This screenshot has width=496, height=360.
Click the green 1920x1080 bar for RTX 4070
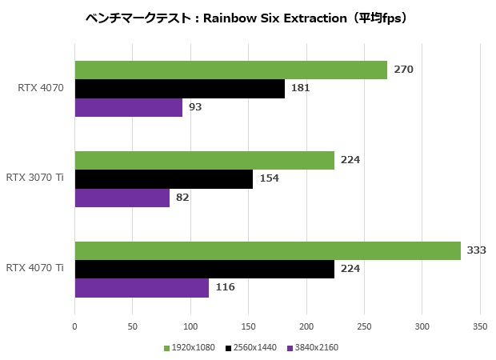tap(230, 70)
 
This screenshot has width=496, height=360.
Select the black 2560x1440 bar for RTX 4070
tap(179, 89)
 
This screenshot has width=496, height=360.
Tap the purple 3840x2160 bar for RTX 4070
tap(128, 107)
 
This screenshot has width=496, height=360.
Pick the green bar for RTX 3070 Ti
tap(204, 160)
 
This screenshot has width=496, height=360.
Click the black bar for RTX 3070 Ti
tap(163, 179)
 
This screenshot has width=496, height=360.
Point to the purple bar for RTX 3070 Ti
tap(122, 198)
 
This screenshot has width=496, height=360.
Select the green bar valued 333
tap(267, 250)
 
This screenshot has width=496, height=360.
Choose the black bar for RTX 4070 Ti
tap(204, 269)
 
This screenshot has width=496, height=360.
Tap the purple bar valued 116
tap(142, 287)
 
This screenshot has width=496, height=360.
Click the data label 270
tap(403, 70)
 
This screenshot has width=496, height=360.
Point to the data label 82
tap(182, 198)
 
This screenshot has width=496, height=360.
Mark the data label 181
tap(301, 88)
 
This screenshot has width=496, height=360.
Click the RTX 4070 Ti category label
tap(34, 268)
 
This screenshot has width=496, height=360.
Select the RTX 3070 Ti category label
tap(34, 178)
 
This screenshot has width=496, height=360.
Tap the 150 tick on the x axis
tap(248, 326)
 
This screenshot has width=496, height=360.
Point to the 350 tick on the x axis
tap(480, 326)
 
